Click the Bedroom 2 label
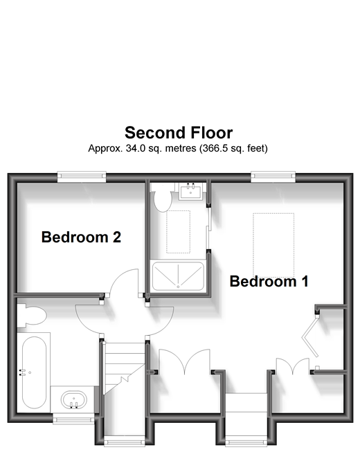pos(81,237)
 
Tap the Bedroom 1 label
pos(269,281)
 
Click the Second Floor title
pos(179,133)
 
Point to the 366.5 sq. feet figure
pos(233,148)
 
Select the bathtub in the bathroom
pos(34,372)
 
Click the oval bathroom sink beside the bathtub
pos(74,400)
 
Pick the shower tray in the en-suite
pos(178,276)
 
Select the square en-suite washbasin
pos(190,191)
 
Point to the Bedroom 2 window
pos(82,177)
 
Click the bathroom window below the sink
pos(74,419)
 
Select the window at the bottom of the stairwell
pos(125,442)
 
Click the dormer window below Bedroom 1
pos(246,442)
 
